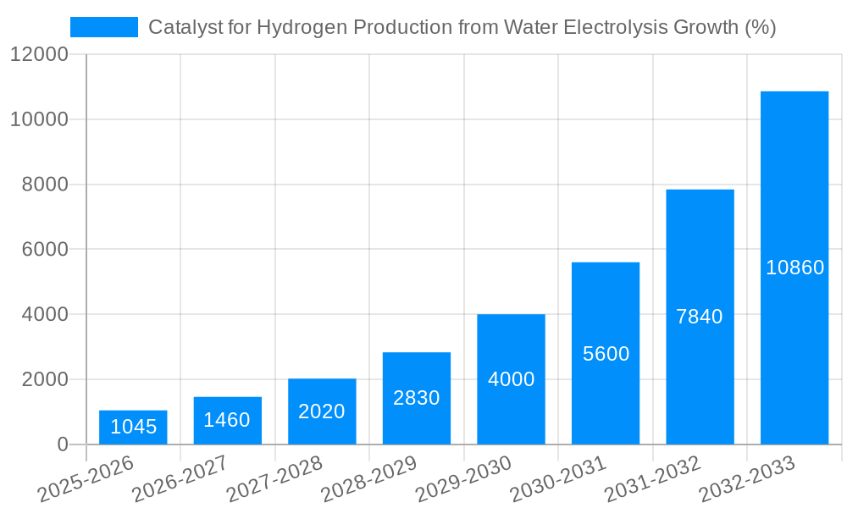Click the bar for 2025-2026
coord(133,428)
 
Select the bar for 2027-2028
coord(322,411)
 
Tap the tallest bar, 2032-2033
coord(794,268)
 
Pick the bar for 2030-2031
coord(606,353)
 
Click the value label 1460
coord(228,420)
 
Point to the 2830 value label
coord(417,398)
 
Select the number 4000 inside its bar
coord(511,379)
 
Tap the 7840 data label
coord(700,317)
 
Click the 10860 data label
coord(794,268)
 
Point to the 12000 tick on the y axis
coord(39,55)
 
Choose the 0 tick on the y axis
coord(62,444)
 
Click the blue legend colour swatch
coord(103,27)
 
